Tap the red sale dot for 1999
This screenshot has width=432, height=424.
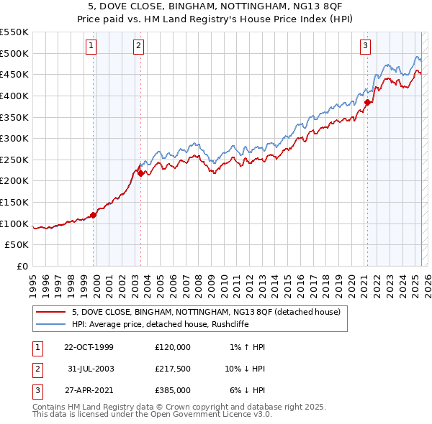94,215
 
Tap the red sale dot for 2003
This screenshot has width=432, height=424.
141,173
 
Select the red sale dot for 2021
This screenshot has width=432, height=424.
367,102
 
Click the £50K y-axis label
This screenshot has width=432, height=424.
18,245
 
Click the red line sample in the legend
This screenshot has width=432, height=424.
50,312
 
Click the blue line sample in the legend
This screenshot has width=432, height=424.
50,324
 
